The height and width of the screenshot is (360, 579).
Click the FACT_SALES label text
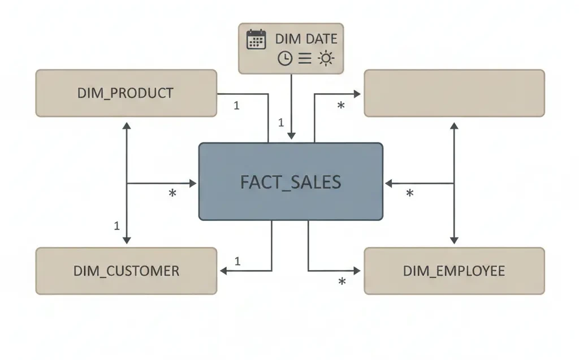click(291, 182)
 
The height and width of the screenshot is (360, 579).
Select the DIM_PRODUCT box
click(126, 93)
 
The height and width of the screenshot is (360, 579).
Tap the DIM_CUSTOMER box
click(126, 271)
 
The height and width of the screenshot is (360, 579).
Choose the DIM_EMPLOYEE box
click(454, 271)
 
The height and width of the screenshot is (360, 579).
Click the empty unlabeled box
click(454, 93)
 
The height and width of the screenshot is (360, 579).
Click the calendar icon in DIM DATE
click(256, 40)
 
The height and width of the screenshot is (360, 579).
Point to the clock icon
click(285, 58)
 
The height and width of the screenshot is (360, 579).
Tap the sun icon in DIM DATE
click(326, 58)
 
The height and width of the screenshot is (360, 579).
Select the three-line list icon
click(305, 58)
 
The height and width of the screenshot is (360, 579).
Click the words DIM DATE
click(306, 39)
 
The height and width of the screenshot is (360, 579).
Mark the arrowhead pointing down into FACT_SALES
click(291, 136)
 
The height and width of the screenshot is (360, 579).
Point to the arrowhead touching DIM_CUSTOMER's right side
click(223, 271)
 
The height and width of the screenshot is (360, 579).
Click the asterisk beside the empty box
click(341, 106)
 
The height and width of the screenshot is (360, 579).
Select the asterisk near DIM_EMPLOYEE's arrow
click(342, 282)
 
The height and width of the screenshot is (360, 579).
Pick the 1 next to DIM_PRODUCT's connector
click(236, 105)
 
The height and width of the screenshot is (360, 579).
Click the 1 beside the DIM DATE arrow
click(280, 122)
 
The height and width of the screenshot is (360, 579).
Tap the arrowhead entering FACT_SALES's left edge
click(193, 183)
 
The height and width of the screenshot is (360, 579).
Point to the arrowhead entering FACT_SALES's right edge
click(388, 183)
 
